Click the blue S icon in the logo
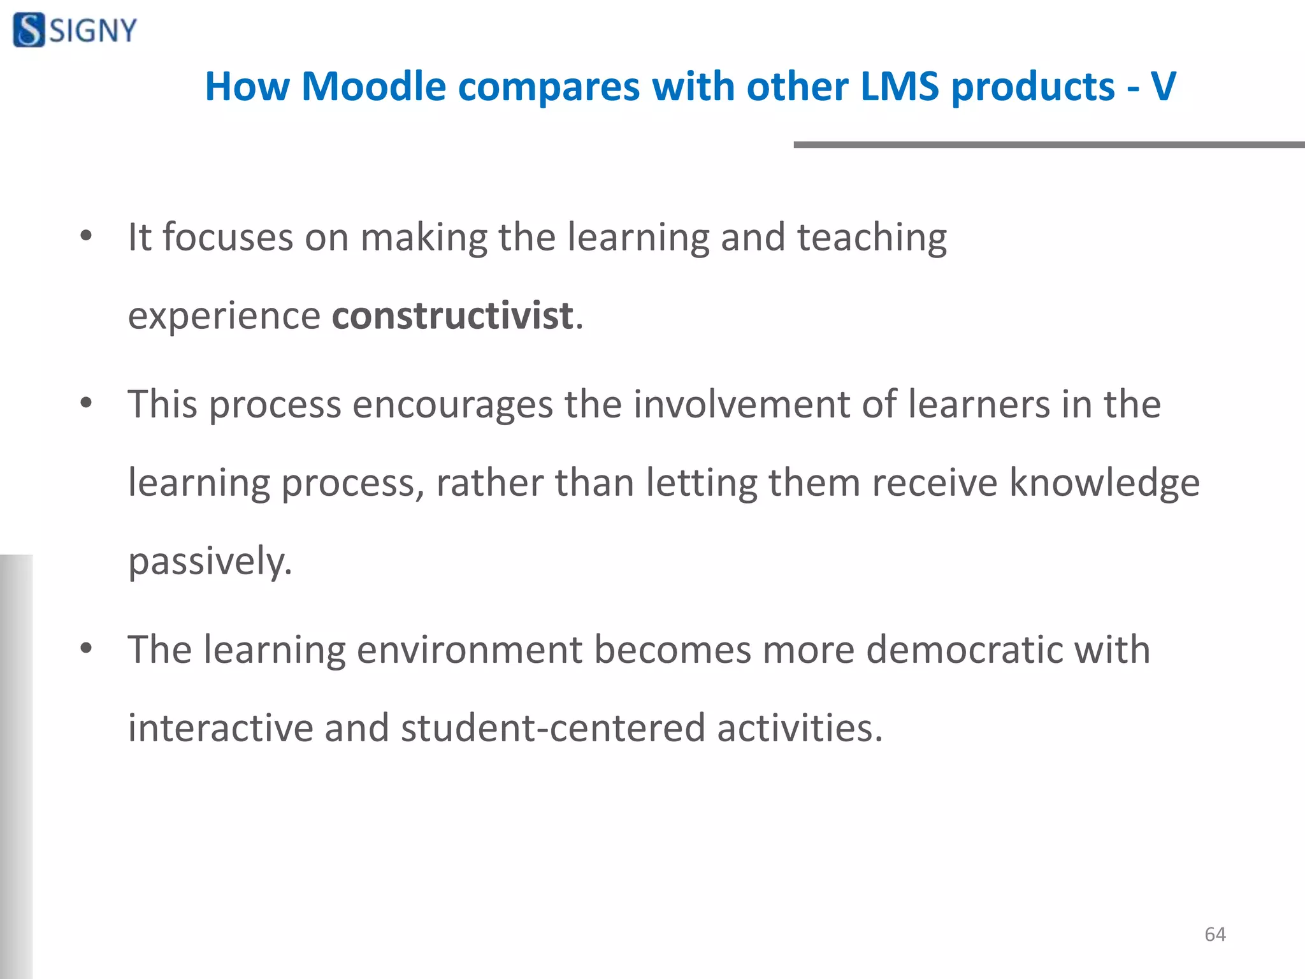[x=29, y=30]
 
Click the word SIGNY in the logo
[x=93, y=31]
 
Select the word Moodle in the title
[x=373, y=86]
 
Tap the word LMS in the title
[x=899, y=86]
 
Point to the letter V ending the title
[x=1163, y=86]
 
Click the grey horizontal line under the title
[x=1048, y=145]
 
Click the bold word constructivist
[x=452, y=315]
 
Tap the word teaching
[x=872, y=238]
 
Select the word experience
[x=224, y=317]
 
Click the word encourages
[x=453, y=405]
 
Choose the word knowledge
[x=1104, y=482]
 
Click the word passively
[x=210, y=562]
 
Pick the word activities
[x=800, y=728]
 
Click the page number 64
[x=1215, y=934]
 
